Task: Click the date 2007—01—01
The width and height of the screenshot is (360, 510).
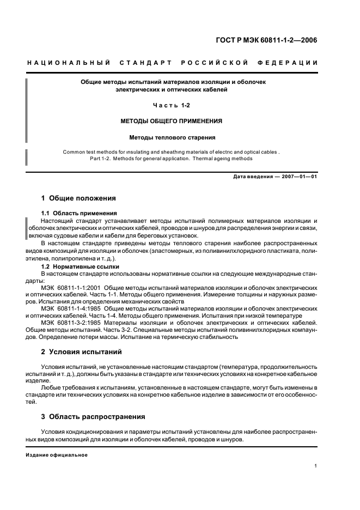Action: point(298,177)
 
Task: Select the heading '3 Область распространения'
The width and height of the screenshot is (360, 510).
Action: point(93,417)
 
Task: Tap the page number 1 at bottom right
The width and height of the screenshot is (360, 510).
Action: point(316,466)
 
